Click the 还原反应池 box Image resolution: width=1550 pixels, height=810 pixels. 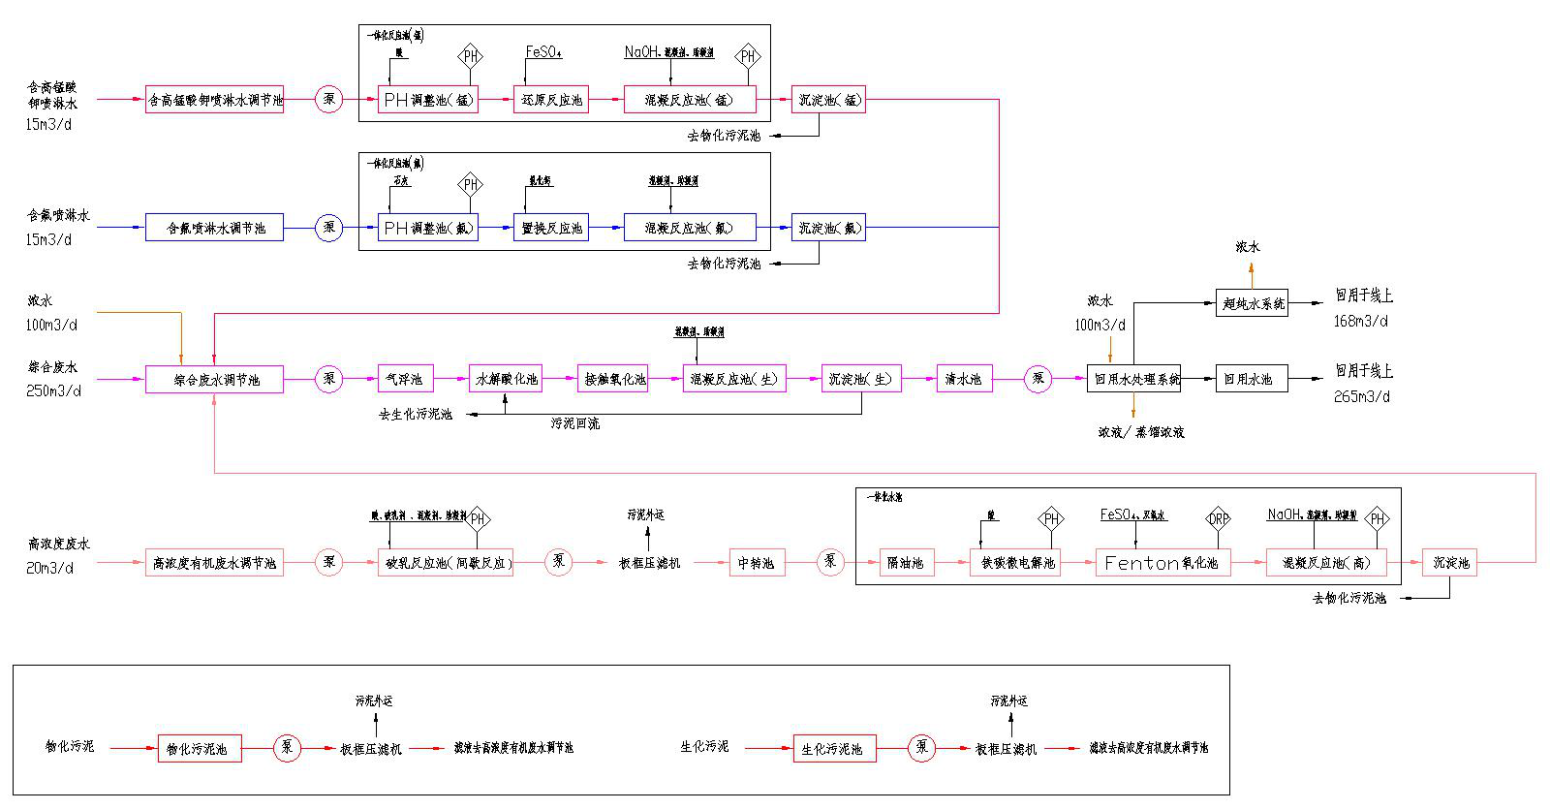(551, 100)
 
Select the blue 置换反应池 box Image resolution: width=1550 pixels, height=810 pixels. (551, 228)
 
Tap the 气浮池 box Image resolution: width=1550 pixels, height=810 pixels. (404, 379)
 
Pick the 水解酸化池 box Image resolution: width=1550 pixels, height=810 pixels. (505, 379)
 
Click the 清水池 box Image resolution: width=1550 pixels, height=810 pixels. (963, 379)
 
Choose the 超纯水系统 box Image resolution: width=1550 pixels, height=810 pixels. (1253, 303)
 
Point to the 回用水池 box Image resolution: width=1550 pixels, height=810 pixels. (1251, 379)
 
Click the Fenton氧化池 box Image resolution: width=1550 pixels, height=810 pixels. (1162, 563)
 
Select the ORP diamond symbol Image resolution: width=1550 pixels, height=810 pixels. (1218, 519)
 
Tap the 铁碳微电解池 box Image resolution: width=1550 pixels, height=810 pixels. (1017, 563)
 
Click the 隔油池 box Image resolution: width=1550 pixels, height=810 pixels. (906, 563)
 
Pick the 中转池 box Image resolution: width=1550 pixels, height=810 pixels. (757, 563)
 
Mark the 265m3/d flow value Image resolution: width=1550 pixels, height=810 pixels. (1361, 396)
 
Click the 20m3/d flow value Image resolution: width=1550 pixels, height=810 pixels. (49, 568)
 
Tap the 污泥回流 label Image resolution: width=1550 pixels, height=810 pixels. (575, 423)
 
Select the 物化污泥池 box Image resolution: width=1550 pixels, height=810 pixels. (199, 749)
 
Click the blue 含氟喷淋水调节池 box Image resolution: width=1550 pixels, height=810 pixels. (214, 228)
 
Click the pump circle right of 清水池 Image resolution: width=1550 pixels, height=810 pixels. (1038, 379)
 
